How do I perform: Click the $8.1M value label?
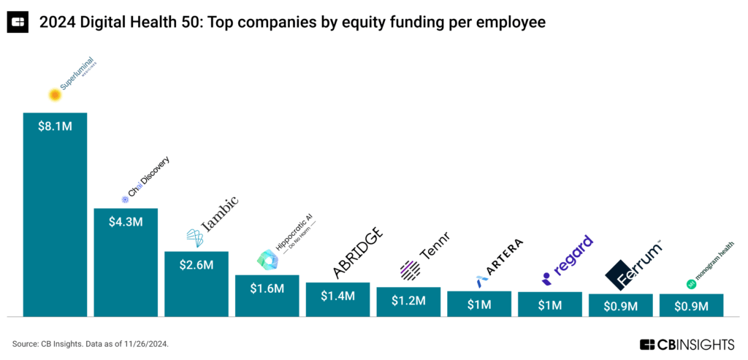coord(55,125)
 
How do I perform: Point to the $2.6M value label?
coord(196,264)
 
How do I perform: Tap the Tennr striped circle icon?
coord(410,271)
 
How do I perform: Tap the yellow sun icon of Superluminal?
coord(53,94)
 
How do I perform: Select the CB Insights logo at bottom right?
coord(689,344)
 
